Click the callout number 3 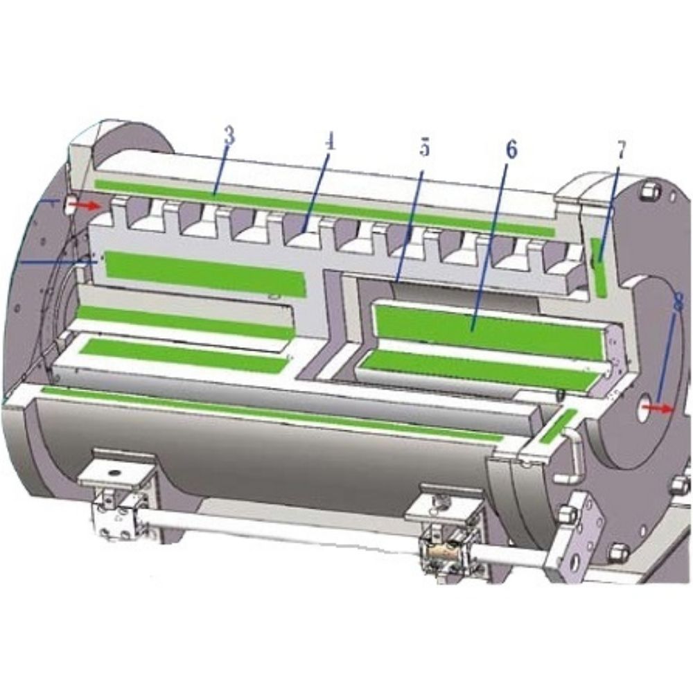pos(229,137)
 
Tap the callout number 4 pos(330,142)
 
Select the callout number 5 pos(424,147)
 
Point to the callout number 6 pos(511,150)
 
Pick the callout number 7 pos(621,150)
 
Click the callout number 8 pos(678,304)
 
